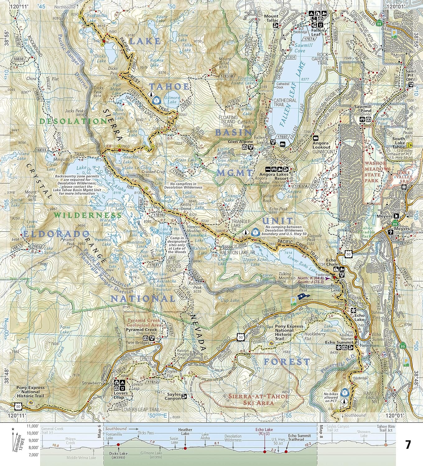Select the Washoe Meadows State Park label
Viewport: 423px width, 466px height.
click(378, 175)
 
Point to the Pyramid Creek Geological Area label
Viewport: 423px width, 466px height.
click(143, 322)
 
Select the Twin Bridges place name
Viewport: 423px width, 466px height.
click(138, 343)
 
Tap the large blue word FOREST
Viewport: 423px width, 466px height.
click(287, 362)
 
